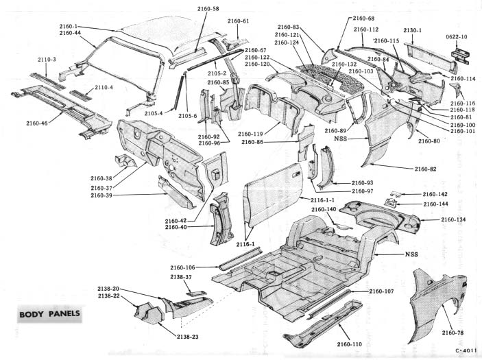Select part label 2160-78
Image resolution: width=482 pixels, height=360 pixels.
pyautogui.click(x=453, y=333)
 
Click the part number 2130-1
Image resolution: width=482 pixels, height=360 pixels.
pyautogui.click(x=413, y=30)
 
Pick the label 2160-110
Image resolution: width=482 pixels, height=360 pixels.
pyautogui.click(x=350, y=344)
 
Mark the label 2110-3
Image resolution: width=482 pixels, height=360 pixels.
pyautogui.click(x=47, y=60)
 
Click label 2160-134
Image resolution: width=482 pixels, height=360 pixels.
pyautogui.click(x=453, y=219)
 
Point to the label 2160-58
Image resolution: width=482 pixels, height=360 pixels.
pyautogui.click(x=206, y=9)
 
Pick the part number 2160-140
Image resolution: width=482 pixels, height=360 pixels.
pyautogui.click(x=324, y=209)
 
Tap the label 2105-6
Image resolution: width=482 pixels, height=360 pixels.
pyautogui.click(x=187, y=116)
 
